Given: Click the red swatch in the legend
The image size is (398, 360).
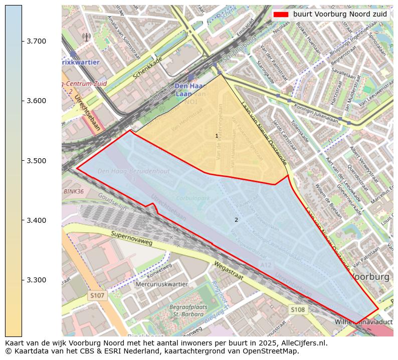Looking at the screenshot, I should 281,15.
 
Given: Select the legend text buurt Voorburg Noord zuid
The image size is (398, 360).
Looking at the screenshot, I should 340,15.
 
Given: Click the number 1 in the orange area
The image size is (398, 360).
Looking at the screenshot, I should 217,136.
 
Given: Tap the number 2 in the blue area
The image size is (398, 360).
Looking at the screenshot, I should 236,220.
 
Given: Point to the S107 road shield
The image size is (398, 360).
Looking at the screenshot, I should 97,296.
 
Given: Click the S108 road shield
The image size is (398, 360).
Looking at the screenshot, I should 298,310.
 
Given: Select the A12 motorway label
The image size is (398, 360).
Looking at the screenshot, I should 266,264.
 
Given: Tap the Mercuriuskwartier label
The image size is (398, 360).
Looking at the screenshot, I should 161,284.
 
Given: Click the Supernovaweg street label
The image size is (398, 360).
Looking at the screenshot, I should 131,238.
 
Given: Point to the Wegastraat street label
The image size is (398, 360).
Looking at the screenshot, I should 229,271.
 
